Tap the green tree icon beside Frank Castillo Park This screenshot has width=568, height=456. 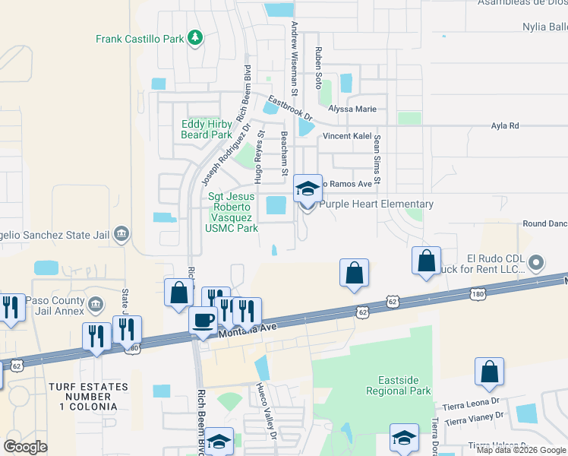[195, 37]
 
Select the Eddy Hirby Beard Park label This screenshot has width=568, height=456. [206, 130]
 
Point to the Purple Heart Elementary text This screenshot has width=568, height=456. [376, 204]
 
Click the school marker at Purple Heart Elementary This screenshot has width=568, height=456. [308, 190]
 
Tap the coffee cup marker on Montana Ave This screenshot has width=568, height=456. [203, 320]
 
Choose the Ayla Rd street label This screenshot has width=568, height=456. [505, 125]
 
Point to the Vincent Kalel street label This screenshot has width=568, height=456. [346, 136]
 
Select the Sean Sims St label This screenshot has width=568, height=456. [374, 163]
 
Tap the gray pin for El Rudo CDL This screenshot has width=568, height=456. [536, 264]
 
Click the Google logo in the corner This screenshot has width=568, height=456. [26, 447]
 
